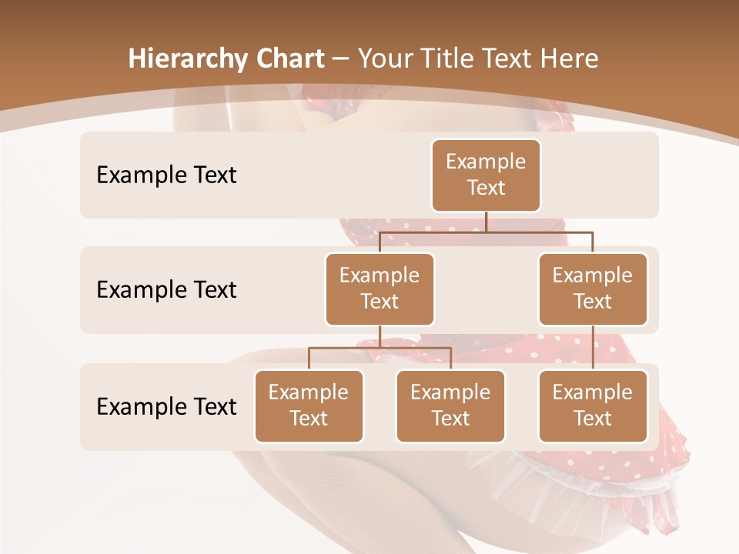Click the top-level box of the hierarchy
click(x=486, y=175)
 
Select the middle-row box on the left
click(x=380, y=289)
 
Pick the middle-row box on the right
click(x=593, y=289)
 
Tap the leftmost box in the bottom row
click(x=309, y=405)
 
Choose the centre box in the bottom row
click(x=450, y=405)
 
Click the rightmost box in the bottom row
click(x=593, y=405)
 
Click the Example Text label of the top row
click(x=166, y=175)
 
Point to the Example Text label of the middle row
click(x=166, y=290)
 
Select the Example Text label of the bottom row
click(x=166, y=406)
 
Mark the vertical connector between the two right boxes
click(x=593, y=347)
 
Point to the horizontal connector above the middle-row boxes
click(x=486, y=231)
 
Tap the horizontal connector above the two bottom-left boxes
click(x=380, y=348)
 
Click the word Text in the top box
click(x=486, y=188)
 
